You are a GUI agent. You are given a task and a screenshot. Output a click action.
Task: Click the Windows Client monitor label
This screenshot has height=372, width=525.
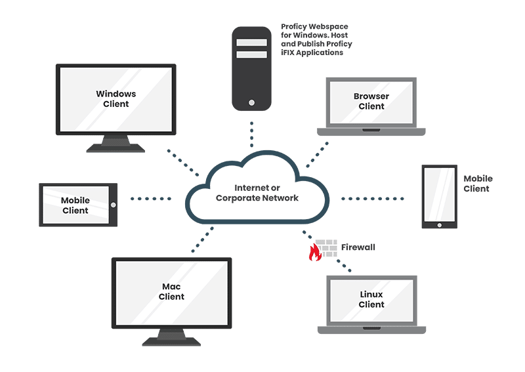pos(116,98)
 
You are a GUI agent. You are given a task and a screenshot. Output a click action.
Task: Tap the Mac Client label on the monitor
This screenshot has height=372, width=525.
pos(171,291)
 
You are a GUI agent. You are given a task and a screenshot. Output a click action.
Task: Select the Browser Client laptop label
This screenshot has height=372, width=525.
pos(371,101)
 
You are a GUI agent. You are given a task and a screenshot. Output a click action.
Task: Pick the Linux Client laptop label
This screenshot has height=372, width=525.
pos(371,299)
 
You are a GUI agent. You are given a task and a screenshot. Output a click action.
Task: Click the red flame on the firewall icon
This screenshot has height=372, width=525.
pos(316,253)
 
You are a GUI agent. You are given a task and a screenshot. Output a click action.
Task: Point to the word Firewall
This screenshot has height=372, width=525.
pos(358,247)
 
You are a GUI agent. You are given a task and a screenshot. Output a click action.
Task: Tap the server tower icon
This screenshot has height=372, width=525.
pos(251,69)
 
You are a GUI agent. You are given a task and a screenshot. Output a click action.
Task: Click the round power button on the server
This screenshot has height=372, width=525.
pos(251,103)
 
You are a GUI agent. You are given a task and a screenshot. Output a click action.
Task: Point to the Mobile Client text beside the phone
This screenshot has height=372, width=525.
pos(477,184)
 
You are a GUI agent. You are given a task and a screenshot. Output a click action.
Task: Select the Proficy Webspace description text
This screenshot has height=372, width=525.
pos(316,40)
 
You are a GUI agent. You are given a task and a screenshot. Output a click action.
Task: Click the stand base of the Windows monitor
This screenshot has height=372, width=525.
pos(116,148)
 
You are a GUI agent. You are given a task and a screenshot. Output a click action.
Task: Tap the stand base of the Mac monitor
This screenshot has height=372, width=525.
pos(171,341)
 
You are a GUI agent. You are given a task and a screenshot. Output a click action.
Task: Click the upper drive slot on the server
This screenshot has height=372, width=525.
pos(251,43)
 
